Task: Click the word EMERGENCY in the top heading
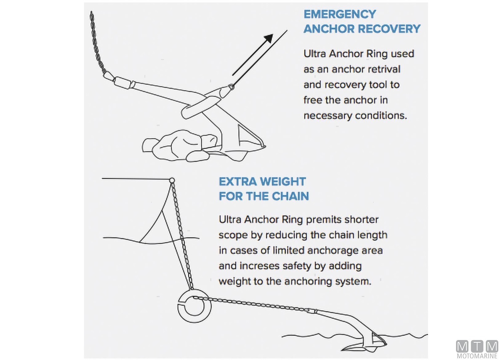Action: pyautogui.click(x=340, y=14)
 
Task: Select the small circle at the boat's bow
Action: pyautogui.click(x=172, y=181)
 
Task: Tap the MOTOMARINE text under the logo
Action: pyautogui.click(x=477, y=356)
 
